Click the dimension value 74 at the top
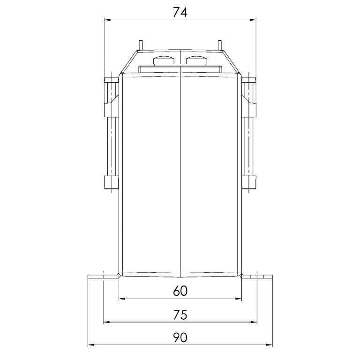click(180, 12)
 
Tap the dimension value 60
click(180, 291)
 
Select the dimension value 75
click(180, 315)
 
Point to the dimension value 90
click(180, 337)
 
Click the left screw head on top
click(164, 60)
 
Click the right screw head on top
click(196, 60)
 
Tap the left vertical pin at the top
click(141, 45)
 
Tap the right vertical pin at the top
click(220, 45)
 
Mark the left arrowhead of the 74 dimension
click(107, 20)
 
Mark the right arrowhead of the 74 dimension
click(253, 20)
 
